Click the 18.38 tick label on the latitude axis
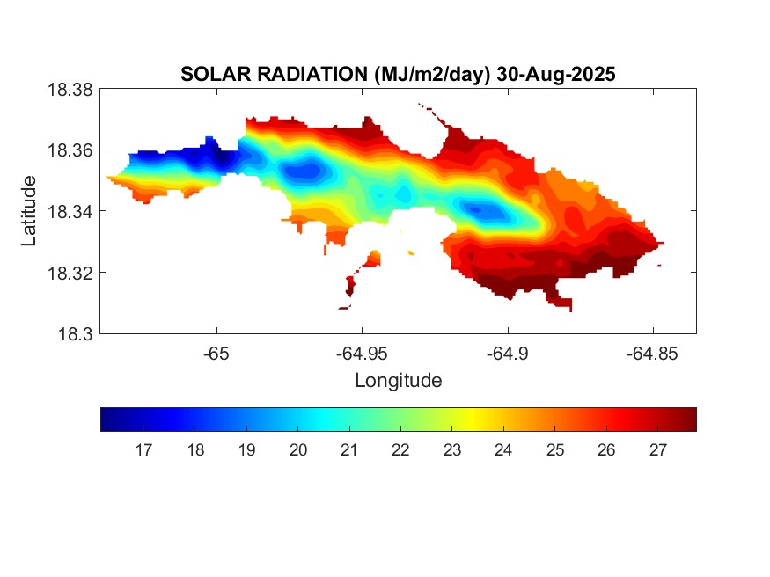pyautogui.click(x=70, y=89)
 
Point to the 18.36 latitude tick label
pyautogui.click(x=70, y=150)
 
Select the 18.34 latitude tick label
pyautogui.click(x=70, y=211)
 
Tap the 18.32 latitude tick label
pyautogui.click(x=70, y=273)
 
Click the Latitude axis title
pyautogui.click(x=30, y=211)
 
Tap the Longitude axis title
pyautogui.click(x=398, y=381)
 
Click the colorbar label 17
pyautogui.click(x=144, y=450)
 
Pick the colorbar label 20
pyautogui.click(x=298, y=450)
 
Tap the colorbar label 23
pyautogui.click(x=452, y=450)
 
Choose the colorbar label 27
pyautogui.click(x=657, y=450)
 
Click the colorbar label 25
pyautogui.click(x=554, y=450)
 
